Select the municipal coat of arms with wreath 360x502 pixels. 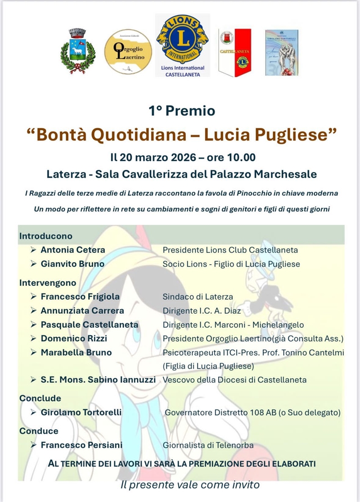tap(77, 51)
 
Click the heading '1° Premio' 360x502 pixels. tap(182, 111)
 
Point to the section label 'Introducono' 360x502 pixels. tap(45, 236)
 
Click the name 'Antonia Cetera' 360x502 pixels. tap(73, 250)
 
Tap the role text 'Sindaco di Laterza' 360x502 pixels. tap(198, 297)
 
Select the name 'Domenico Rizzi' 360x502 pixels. tap(74, 338)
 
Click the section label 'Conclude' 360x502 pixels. tap(40, 398)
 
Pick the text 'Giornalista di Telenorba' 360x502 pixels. tap(208, 445)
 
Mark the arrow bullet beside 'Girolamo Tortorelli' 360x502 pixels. tap(34, 412)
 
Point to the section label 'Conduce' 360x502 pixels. tap(39, 431)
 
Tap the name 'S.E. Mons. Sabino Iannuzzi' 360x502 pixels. tap(98, 380)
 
